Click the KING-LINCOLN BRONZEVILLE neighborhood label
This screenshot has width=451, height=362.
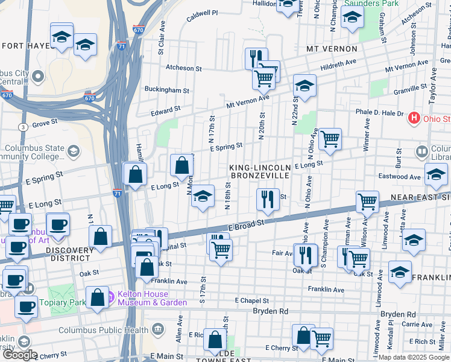(x=260, y=171)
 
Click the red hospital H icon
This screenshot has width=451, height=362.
(x=414, y=118)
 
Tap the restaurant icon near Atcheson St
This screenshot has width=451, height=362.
(x=256, y=58)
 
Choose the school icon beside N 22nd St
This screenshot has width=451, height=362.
(x=304, y=86)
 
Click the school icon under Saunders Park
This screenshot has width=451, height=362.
(x=352, y=17)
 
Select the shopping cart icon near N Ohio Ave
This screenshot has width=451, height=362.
(x=329, y=138)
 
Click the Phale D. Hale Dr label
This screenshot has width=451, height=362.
(x=379, y=113)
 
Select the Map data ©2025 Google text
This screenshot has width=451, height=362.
(x=413, y=357)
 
